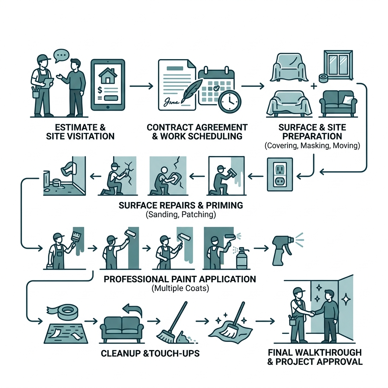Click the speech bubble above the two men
click(x=62, y=55)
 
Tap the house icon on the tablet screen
click(x=108, y=75)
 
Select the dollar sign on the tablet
click(x=100, y=90)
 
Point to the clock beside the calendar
click(x=229, y=102)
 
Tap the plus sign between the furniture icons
click(x=313, y=86)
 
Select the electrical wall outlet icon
click(x=280, y=174)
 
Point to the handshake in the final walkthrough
click(x=311, y=314)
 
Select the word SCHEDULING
click(x=201, y=136)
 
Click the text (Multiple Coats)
click(x=180, y=288)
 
